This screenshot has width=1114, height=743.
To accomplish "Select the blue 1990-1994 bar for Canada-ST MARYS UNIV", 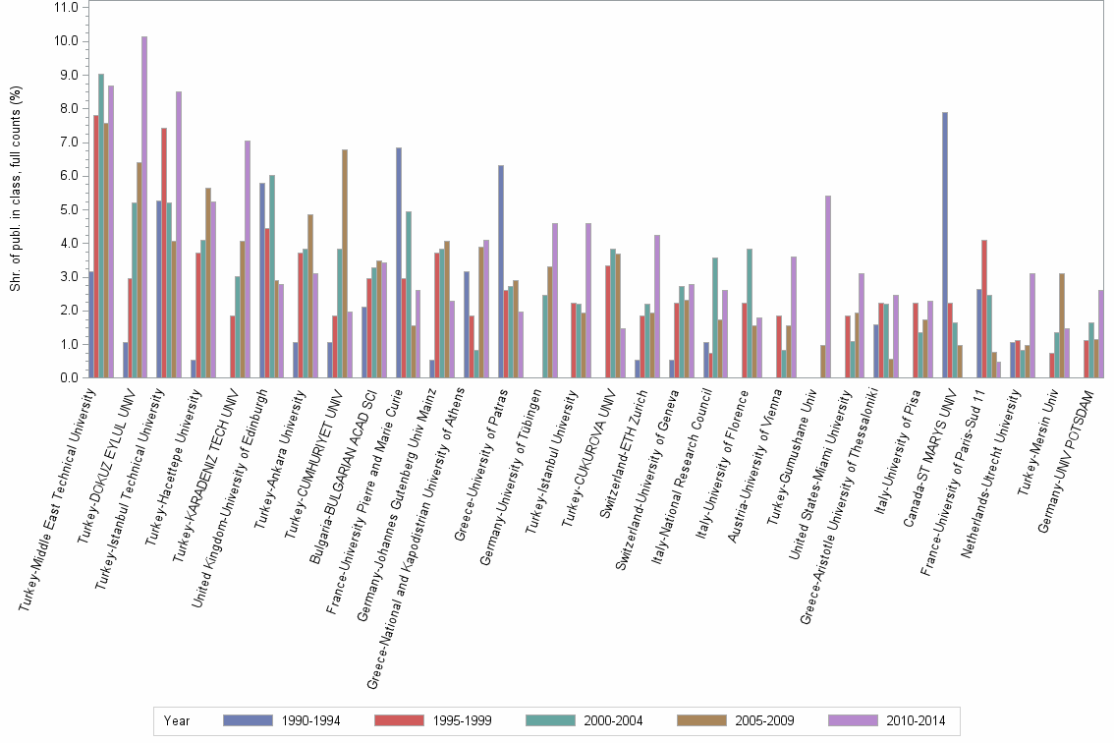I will click(945, 245).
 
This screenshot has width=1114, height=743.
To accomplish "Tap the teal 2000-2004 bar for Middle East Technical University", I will click(101, 225).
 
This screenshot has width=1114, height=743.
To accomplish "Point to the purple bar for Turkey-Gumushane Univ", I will click(828, 286).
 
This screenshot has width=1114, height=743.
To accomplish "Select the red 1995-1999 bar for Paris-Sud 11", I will click(983, 309).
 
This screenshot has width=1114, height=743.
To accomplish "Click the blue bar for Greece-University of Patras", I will click(501, 271).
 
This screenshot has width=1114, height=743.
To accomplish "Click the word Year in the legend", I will click(178, 720).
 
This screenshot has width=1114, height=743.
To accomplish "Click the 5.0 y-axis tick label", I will click(68, 209).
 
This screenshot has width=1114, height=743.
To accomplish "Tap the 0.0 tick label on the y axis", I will click(68, 377).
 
